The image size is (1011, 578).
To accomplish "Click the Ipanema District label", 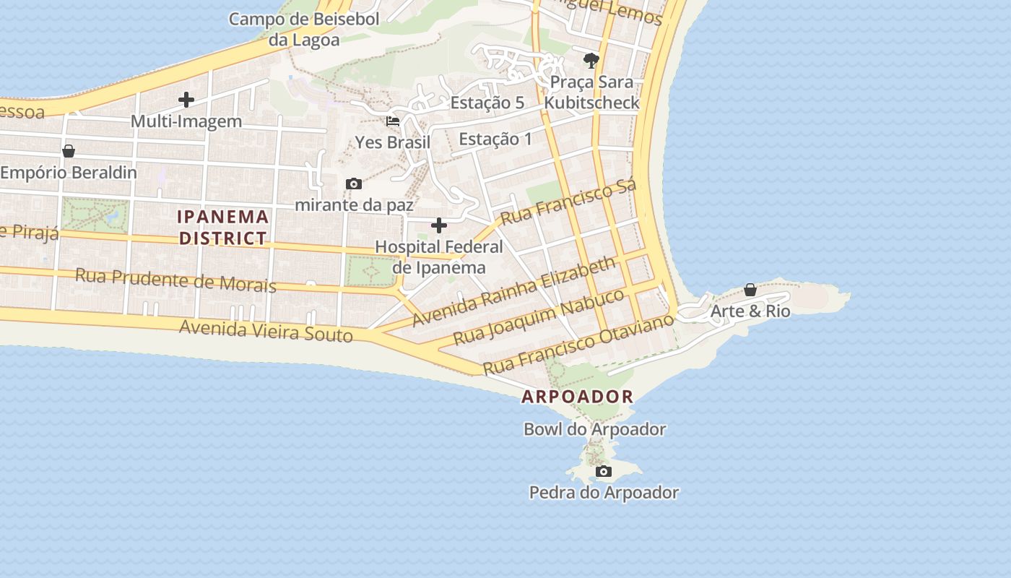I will click(223, 227).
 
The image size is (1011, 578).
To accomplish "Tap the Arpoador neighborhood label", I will click(577, 397).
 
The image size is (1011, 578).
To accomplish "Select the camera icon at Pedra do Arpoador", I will click(603, 472).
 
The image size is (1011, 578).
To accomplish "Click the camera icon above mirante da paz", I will click(353, 184).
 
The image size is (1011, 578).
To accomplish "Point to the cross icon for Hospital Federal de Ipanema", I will click(438, 225).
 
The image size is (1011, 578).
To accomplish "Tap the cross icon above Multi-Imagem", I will click(186, 100).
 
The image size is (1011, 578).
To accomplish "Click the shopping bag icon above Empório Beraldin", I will click(69, 151).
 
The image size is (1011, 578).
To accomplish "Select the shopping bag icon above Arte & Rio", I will click(750, 290).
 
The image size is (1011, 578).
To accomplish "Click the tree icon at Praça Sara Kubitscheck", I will click(591, 60).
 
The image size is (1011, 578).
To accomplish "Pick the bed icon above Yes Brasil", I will click(393, 121).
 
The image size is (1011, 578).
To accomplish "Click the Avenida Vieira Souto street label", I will click(266, 330).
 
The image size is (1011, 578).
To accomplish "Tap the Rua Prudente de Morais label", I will click(175, 280).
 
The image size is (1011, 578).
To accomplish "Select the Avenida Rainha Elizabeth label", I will click(514, 290).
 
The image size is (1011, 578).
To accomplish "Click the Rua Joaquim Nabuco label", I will click(538, 316).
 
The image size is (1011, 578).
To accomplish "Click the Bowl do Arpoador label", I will click(594, 429).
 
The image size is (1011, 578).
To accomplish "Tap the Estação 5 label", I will click(487, 103).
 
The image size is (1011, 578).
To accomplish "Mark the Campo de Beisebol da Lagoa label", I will click(304, 29).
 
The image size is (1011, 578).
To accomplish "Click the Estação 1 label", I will click(495, 139).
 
